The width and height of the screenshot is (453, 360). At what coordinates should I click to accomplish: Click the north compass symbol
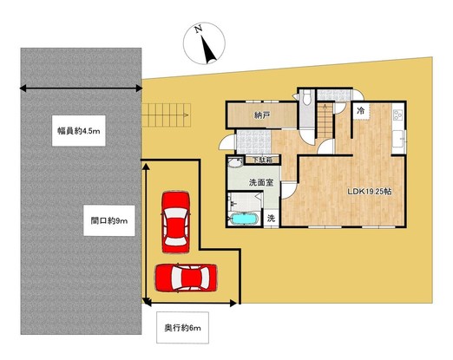204,43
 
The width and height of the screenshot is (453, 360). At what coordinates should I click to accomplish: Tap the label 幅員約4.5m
79,131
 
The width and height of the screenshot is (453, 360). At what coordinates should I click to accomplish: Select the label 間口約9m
109,221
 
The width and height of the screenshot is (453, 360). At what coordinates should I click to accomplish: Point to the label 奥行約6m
182,328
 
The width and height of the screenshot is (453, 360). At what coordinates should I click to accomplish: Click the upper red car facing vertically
175,222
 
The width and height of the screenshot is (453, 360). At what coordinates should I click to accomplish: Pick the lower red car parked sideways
186,278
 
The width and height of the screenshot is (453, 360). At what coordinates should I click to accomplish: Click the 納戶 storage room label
262,115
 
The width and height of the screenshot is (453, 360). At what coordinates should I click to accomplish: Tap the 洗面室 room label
261,182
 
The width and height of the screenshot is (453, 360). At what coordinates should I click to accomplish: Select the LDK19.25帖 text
370,192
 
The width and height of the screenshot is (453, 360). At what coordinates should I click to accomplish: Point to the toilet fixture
306,97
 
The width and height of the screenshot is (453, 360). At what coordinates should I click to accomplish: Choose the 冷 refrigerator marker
360,110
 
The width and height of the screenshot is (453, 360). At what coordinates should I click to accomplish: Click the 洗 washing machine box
271,219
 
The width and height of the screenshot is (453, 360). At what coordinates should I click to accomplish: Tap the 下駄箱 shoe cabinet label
262,160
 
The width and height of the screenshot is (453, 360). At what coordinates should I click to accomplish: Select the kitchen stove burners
397,115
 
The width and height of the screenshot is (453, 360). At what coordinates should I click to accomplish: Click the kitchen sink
398,139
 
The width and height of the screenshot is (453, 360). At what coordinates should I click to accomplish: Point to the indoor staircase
325,121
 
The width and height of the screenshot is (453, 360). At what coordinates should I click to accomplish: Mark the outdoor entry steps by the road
167,115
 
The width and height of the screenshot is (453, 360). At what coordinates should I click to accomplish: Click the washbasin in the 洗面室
234,163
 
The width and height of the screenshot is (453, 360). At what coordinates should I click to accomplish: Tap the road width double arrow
81,88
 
